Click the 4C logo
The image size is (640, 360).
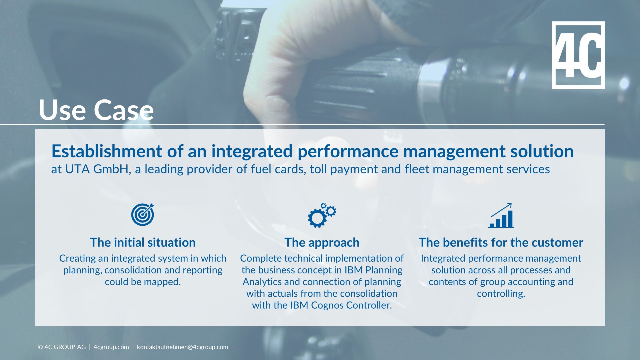click(x=578, y=55)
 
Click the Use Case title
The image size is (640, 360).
click(x=96, y=110)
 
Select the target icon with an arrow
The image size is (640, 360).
click(x=143, y=214)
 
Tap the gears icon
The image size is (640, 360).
click(x=322, y=215)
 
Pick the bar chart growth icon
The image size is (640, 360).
click(x=501, y=216)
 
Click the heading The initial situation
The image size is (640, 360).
click(x=143, y=242)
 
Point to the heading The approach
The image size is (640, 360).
click(x=322, y=242)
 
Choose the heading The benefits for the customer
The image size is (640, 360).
click(x=501, y=242)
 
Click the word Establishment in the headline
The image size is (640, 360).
click(x=107, y=151)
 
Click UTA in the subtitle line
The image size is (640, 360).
click(x=77, y=169)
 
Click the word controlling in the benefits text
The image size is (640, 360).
click(x=501, y=294)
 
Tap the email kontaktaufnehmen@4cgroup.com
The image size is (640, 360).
click(x=182, y=347)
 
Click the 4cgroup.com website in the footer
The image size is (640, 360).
click(x=111, y=347)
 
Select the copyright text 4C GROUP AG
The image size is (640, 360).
click(x=65, y=347)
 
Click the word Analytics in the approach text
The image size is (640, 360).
click(x=262, y=282)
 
